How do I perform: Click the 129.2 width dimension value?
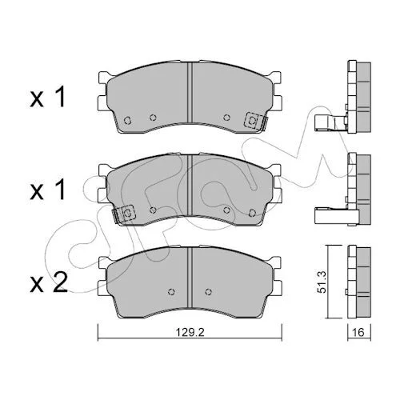click(x=190, y=332)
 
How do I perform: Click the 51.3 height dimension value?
click(x=322, y=282)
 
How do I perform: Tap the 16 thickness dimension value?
click(x=358, y=332)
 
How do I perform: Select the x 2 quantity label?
click(x=49, y=284)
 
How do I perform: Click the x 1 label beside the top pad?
click(x=47, y=98)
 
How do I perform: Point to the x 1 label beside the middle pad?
click(x=47, y=190)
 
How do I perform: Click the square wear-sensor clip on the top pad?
click(x=252, y=121)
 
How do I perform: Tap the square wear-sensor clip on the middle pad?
click(x=126, y=214)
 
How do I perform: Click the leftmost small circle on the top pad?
click(x=127, y=120)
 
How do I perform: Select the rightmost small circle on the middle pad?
click(x=252, y=213)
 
